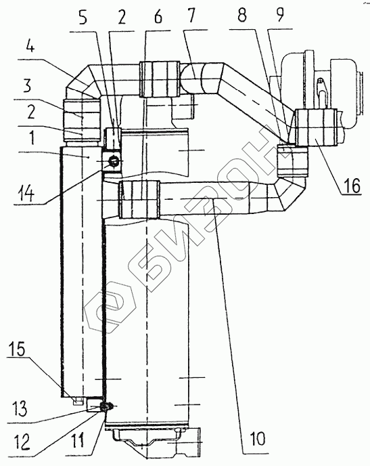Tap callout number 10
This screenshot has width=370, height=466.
(x=257, y=438)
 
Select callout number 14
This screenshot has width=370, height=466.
(x=25, y=194)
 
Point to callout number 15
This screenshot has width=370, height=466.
(x=17, y=349)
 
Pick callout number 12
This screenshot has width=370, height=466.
(x=22, y=442)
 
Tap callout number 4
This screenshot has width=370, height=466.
(x=29, y=45)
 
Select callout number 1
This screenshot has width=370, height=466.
(x=30, y=138)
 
